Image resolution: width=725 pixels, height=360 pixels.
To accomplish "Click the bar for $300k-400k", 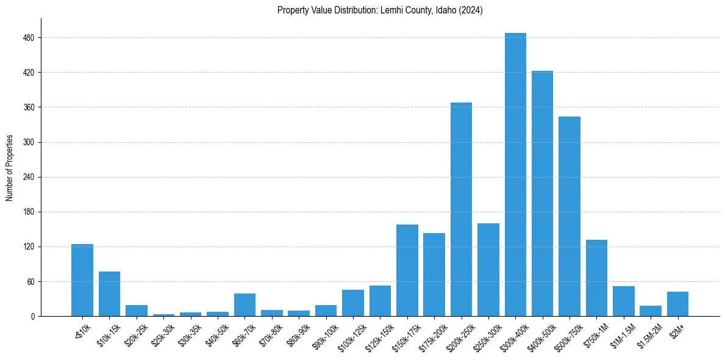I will click(x=515, y=175).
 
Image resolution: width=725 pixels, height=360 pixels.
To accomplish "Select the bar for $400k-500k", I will click(x=542, y=193).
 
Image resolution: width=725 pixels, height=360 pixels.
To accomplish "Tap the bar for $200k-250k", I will click(x=461, y=209).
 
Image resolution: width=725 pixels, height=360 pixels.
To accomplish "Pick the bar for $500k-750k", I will click(x=570, y=216).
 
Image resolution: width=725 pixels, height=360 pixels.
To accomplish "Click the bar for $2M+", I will click(x=677, y=304).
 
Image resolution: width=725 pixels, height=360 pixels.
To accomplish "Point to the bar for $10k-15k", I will click(x=109, y=293).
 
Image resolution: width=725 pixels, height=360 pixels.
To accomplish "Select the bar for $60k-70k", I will click(x=245, y=304).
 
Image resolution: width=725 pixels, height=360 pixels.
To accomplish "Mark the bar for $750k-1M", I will click(x=596, y=278).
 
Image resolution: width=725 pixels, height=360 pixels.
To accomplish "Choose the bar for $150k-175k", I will click(x=407, y=270).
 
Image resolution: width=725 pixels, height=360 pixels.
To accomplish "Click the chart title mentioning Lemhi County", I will click(x=380, y=10).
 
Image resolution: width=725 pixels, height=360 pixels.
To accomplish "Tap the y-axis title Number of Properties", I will click(x=10, y=168).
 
